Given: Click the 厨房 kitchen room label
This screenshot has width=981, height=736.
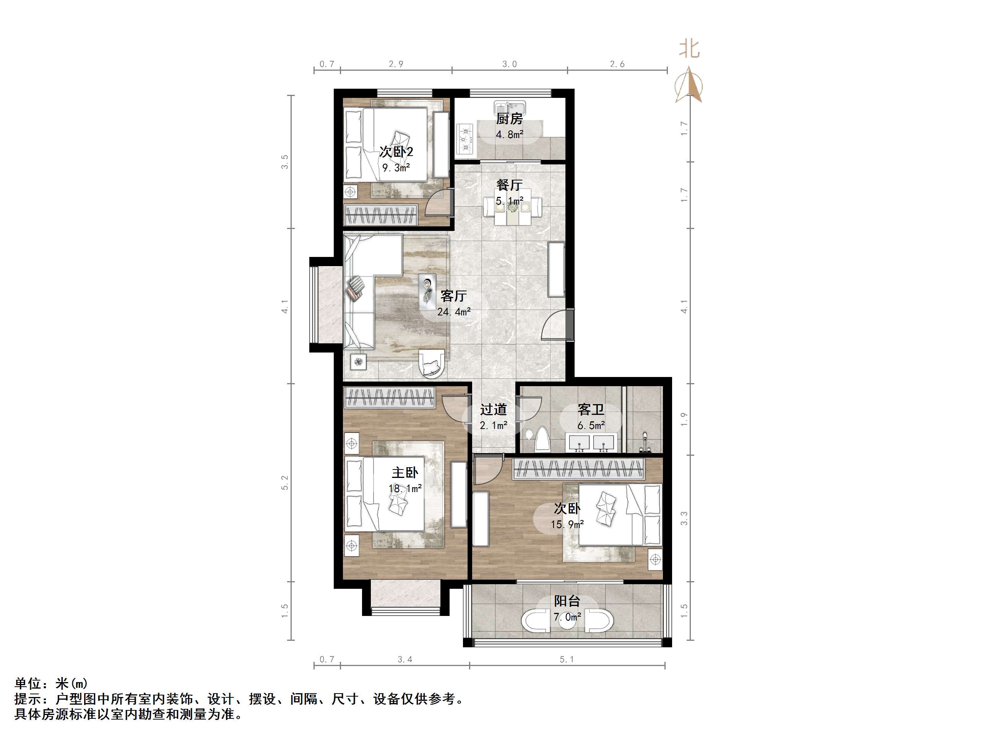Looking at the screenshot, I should tap(509, 119).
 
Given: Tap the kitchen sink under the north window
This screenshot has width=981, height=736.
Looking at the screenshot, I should tap(510, 108).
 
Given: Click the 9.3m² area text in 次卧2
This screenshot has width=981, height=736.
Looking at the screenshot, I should tap(396, 168).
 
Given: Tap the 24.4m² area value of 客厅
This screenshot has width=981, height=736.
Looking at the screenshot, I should tap(454, 312).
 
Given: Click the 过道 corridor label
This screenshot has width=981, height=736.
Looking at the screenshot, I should tap(493, 409).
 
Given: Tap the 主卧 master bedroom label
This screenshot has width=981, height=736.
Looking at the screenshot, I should tap(404, 473).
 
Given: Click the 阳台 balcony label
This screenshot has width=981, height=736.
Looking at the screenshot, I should tap(567, 601).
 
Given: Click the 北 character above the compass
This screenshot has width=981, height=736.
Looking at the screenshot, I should tap(689, 49).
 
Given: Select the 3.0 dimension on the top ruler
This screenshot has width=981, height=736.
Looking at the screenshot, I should tap(510, 64).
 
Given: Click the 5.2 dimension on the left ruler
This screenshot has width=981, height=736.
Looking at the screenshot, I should tap(285, 483).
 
